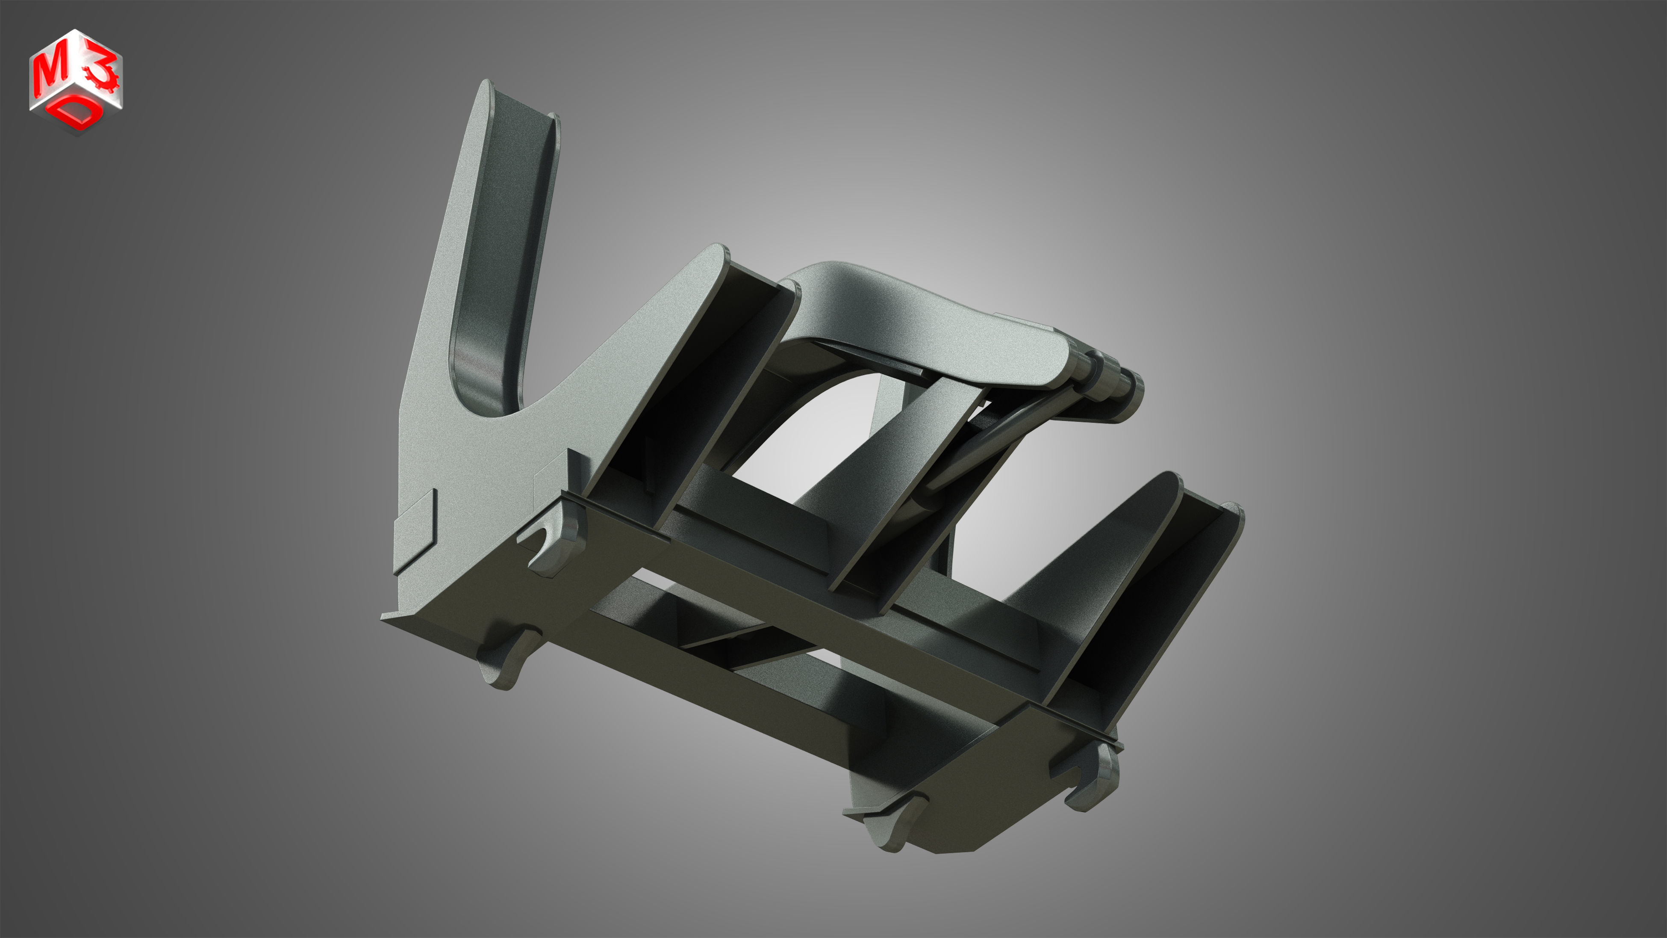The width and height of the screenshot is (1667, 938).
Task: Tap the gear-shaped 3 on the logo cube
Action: point(102,73)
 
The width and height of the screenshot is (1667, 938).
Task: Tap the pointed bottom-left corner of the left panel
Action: point(386,618)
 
